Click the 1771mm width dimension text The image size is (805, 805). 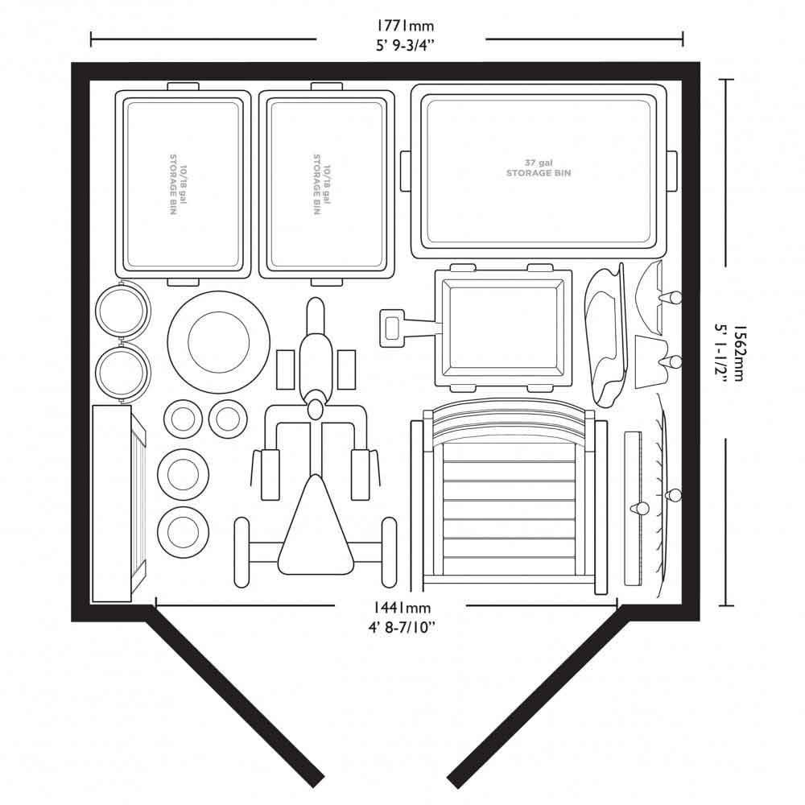pos(406,26)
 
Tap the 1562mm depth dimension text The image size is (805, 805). pos(737,353)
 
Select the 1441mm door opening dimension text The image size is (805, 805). pos(402,608)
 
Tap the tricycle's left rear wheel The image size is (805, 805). pos(242,552)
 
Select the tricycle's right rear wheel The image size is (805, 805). pos(390,552)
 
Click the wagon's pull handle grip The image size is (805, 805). pos(392,328)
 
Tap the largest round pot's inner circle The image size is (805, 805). pos(219,342)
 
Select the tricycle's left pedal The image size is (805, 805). pos(285,369)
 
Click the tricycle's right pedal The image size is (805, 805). pos(346,369)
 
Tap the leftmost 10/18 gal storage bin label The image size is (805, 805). pos(178,184)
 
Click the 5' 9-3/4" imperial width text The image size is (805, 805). pos(406,46)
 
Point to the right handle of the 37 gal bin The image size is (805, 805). pos(671,171)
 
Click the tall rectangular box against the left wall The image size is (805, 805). pos(112,503)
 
